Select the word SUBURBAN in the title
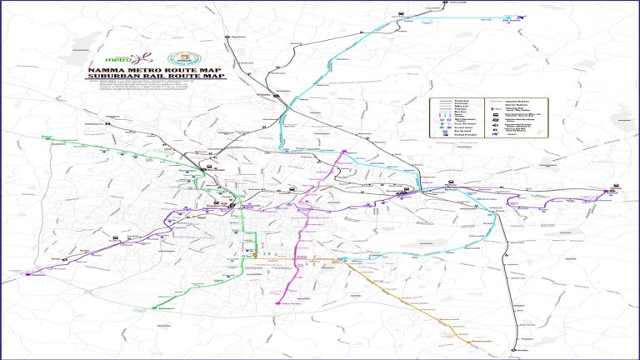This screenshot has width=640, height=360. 113,77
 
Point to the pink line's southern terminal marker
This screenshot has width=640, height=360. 277,304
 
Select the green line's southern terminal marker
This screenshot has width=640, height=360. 156,308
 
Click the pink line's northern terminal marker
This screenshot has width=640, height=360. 343,151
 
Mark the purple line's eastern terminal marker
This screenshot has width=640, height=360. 614,192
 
